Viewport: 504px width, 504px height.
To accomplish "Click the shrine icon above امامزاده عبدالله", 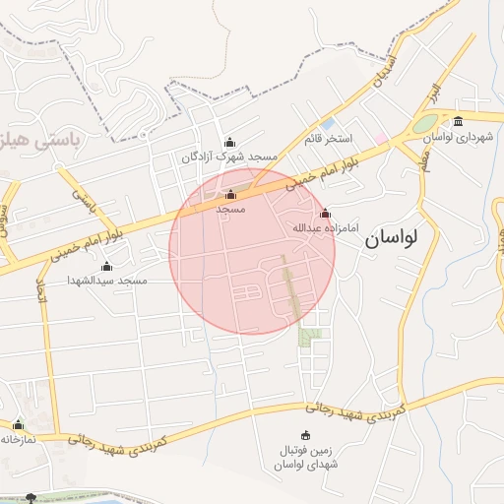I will (x=325, y=214).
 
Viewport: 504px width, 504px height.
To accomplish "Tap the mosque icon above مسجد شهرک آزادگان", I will (x=230, y=142).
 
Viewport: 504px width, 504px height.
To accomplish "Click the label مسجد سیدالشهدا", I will (x=107, y=281).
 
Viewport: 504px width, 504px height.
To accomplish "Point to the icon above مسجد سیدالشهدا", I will (x=107, y=267).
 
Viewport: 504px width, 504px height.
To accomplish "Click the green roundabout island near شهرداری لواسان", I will (x=423, y=124).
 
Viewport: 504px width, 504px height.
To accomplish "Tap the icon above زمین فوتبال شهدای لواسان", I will (x=304, y=436).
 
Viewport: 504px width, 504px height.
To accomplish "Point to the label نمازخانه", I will (x=18, y=439).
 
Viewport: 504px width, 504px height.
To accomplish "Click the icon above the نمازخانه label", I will (x=18, y=425).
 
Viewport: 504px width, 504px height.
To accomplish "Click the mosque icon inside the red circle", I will (x=230, y=195).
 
